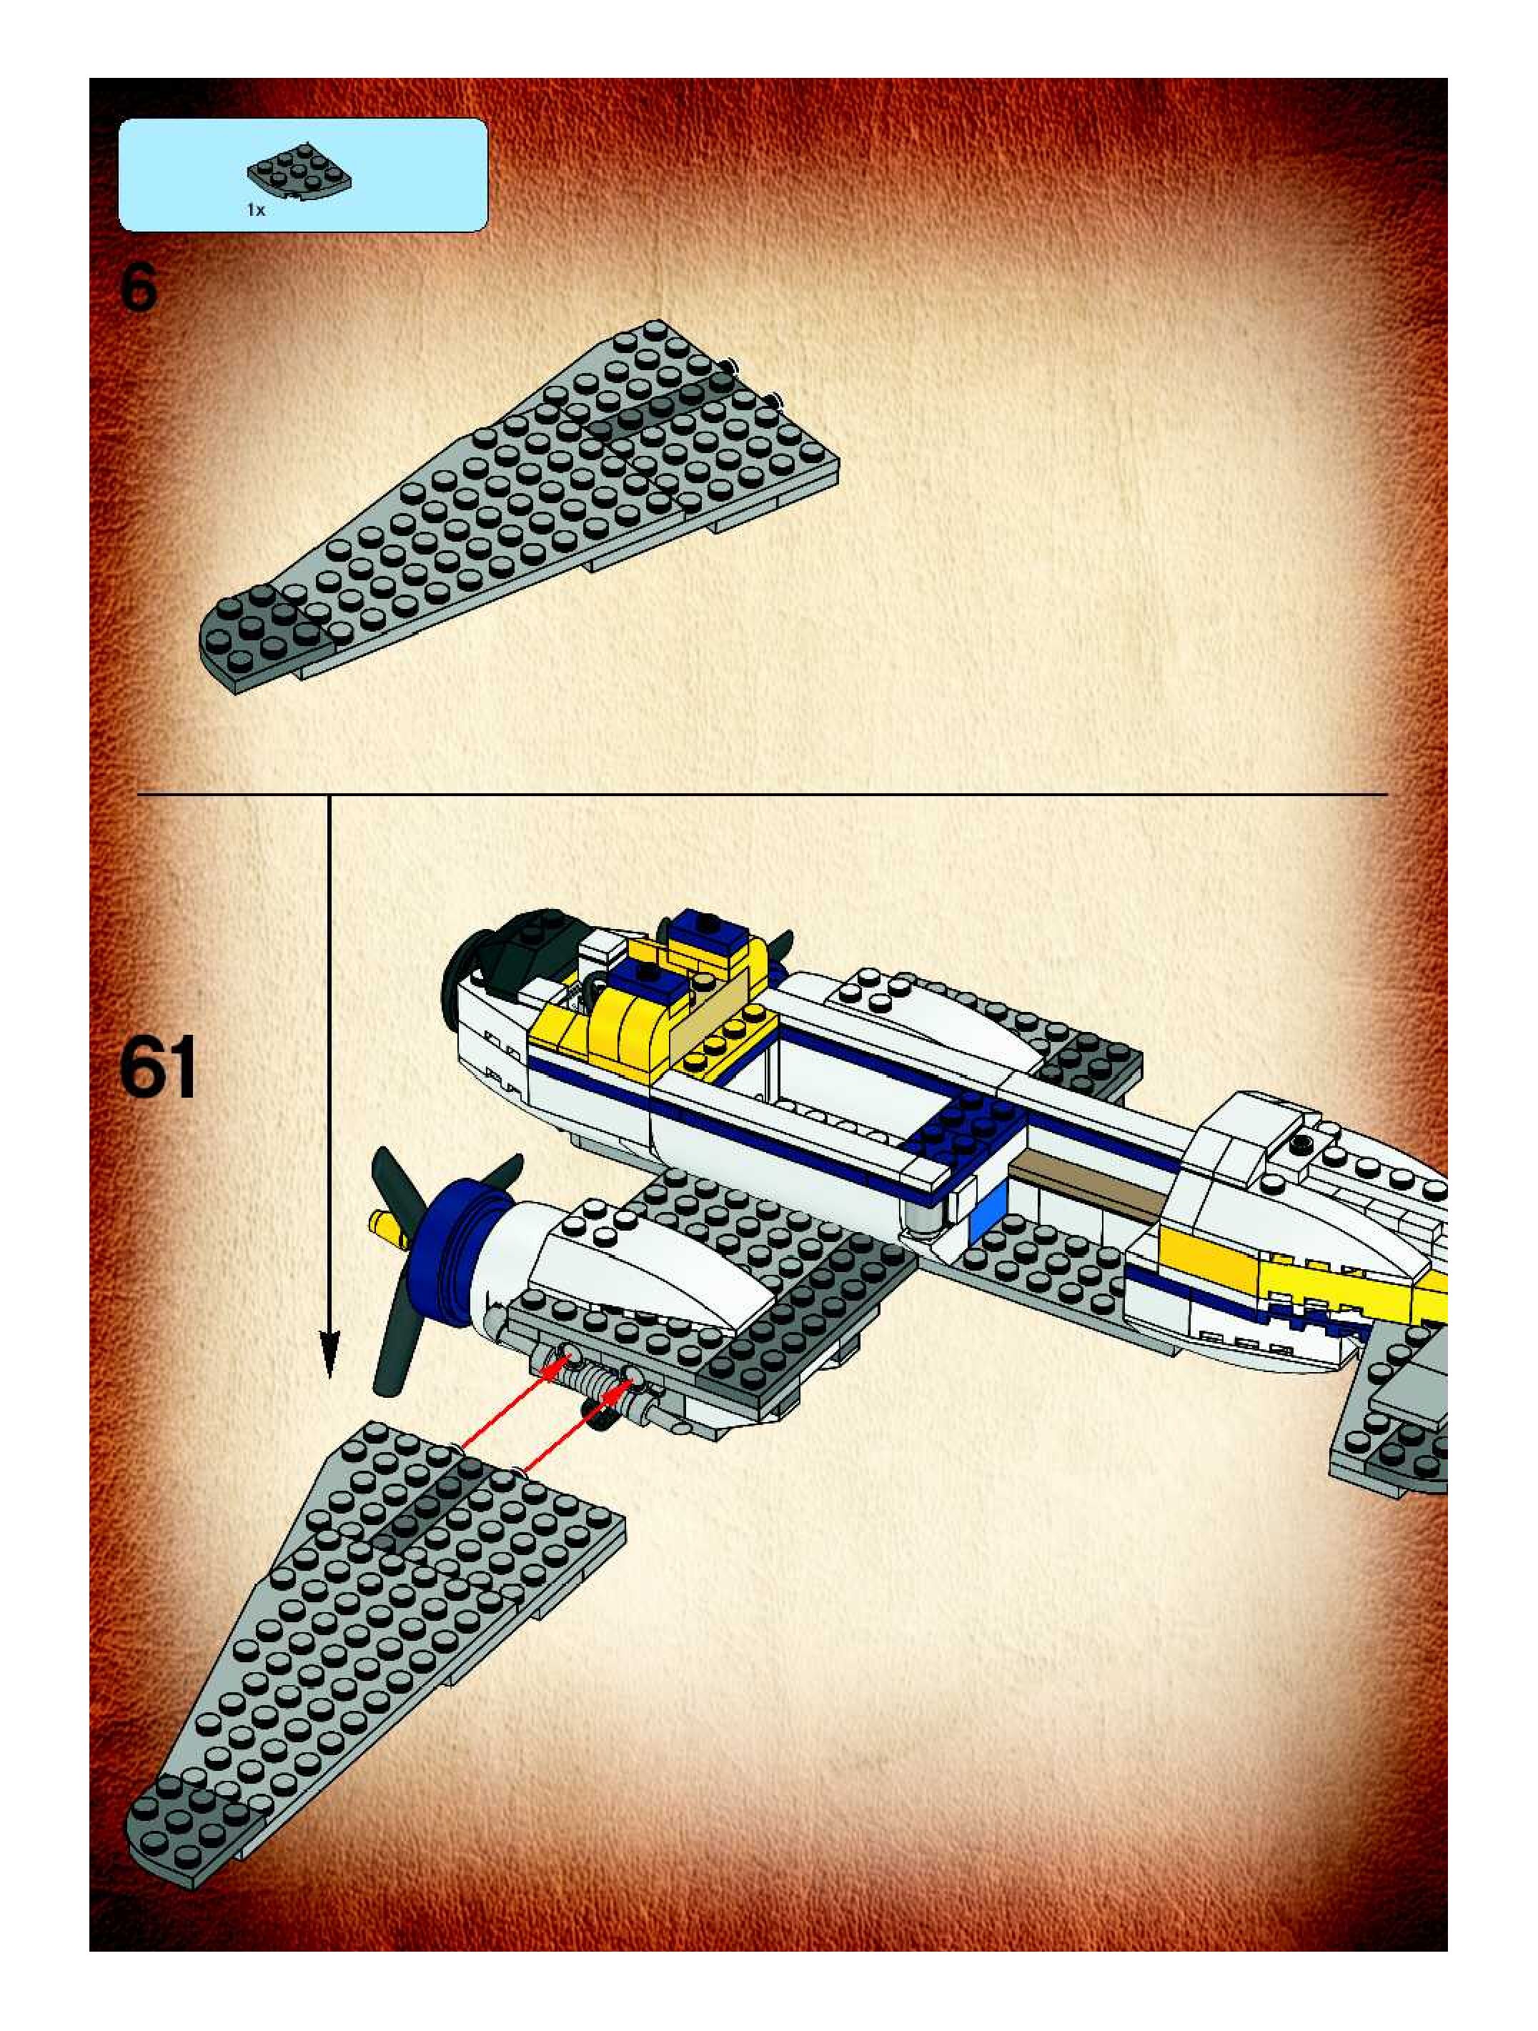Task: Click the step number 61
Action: tap(158, 1067)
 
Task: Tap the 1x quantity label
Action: tap(255, 210)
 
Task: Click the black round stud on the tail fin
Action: tap(1301, 1143)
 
